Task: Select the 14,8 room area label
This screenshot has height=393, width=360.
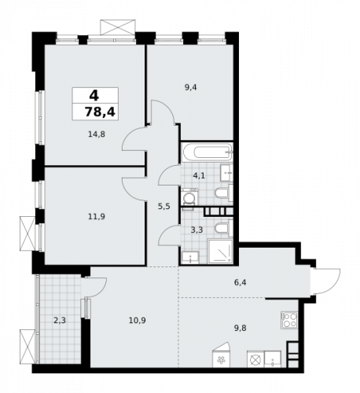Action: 97,134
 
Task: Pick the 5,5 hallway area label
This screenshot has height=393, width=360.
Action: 163,206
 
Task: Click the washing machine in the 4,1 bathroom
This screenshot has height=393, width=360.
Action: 189,197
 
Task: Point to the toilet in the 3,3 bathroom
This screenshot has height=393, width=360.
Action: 222,229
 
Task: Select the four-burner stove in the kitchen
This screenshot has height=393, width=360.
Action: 289,320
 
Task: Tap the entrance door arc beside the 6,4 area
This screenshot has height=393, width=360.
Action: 327,281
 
